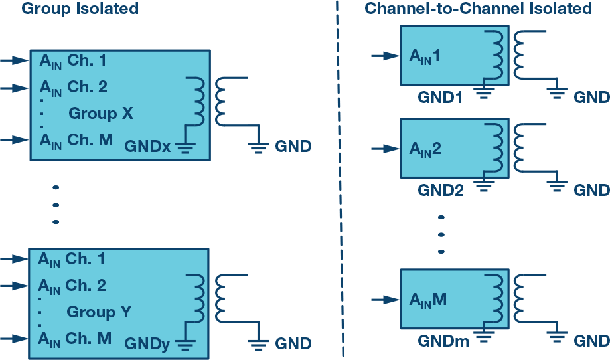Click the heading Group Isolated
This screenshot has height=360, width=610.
(80, 9)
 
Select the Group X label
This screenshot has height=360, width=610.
(101, 114)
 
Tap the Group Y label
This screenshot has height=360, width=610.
(99, 312)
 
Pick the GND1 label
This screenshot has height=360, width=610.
(439, 97)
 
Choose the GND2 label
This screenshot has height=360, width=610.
(439, 191)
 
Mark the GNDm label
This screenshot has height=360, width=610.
(441, 341)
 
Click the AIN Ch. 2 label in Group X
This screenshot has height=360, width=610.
(73, 87)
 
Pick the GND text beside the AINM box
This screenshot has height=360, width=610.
(591, 341)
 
